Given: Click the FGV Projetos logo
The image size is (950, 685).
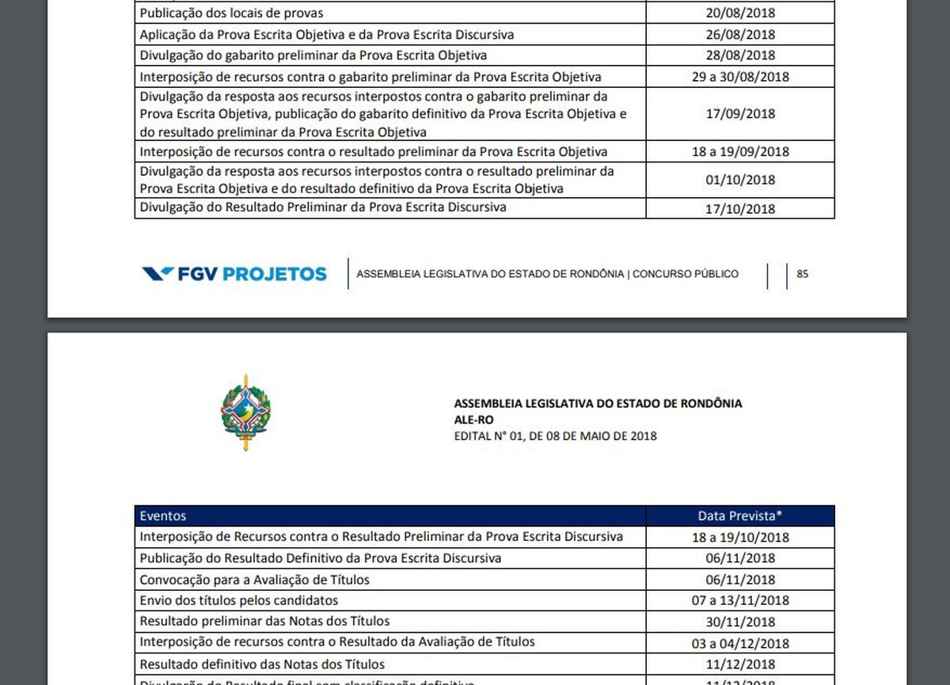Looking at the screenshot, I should click(234, 274).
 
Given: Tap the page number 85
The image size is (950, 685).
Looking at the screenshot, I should click(802, 274).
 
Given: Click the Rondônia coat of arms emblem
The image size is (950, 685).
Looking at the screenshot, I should click(245, 413).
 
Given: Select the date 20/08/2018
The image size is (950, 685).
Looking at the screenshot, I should click(740, 13).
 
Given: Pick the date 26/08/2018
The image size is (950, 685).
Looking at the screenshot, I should click(740, 35).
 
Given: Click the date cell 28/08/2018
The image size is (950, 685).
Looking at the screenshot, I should click(740, 55).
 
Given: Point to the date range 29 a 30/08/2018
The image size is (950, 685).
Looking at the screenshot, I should click(740, 77).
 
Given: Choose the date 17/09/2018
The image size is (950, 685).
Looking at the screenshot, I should click(740, 113).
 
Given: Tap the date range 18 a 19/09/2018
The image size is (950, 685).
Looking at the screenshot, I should click(740, 151).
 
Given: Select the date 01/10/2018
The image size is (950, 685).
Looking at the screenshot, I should click(740, 180).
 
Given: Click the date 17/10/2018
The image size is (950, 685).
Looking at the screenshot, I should click(740, 209).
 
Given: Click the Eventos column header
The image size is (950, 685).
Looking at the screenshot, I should click(163, 516).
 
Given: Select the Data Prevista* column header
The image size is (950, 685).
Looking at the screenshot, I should click(740, 516).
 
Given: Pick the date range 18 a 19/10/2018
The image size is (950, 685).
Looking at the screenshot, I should click(740, 537).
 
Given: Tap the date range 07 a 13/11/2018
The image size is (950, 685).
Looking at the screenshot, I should click(740, 600).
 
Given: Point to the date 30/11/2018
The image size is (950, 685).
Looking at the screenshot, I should click(740, 622).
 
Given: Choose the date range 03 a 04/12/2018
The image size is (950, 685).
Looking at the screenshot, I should click(740, 643).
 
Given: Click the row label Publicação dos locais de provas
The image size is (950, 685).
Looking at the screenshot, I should click(231, 13).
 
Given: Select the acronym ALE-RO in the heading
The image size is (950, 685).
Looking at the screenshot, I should click(474, 420).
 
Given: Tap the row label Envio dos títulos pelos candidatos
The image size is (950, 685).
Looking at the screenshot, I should click(239, 600).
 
